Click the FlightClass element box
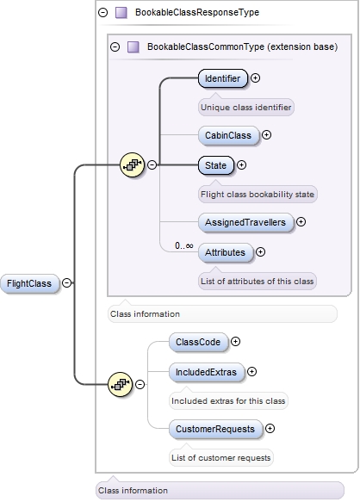pyautogui.click(x=29, y=283)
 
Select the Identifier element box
pyautogui.click(x=222, y=78)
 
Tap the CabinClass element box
pyautogui.click(x=227, y=135)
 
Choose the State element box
pyautogui.click(x=215, y=164)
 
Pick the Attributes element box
pyautogui.click(x=225, y=252)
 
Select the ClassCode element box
pyautogui.click(x=197, y=342)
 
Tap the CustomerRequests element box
pyautogui.click(x=214, y=428)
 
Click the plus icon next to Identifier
pyautogui.click(x=256, y=78)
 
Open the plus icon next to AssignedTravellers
pyautogui.click(x=301, y=222)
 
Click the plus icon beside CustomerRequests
pyautogui.click(x=270, y=428)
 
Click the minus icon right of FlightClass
pyautogui.click(x=67, y=283)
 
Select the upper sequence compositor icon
pyautogui.click(x=131, y=165)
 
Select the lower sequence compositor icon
pyautogui.click(x=119, y=385)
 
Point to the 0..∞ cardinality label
pyautogui.click(x=183, y=245)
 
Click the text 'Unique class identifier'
pyautogui.click(x=246, y=108)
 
